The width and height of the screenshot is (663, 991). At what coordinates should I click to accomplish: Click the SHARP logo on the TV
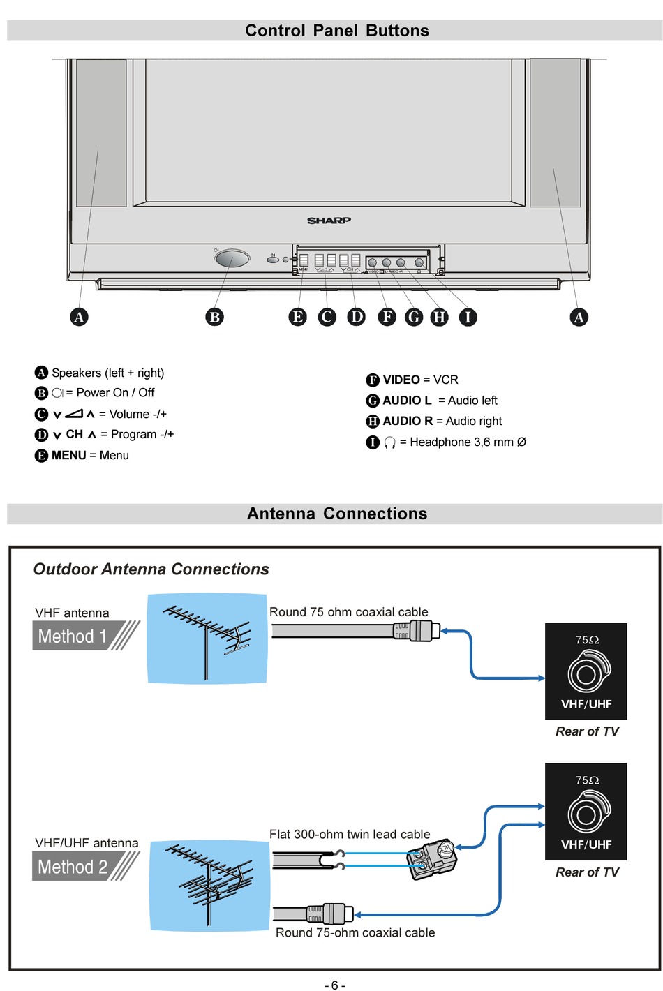click(x=329, y=221)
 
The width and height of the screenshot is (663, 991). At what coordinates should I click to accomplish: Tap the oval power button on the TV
click(x=232, y=260)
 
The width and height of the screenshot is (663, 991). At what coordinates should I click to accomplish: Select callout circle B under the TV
click(x=215, y=317)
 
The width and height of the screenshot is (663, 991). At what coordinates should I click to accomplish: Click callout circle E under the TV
click(x=298, y=317)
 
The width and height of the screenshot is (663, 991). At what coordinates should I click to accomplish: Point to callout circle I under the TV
click(x=468, y=317)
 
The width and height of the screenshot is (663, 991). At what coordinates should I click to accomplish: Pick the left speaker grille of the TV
click(x=101, y=133)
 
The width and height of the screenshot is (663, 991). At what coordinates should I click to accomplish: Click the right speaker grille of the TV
click(x=555, y=133)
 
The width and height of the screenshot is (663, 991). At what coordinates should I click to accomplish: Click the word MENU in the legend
click(x=69, y=455)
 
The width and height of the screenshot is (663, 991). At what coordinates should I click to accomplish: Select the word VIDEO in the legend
click(x=401, y=380)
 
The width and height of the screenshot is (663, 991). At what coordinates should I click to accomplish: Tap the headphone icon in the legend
click(x=390, y=442)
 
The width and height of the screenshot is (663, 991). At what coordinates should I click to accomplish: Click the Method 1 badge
click(x=73, y=636)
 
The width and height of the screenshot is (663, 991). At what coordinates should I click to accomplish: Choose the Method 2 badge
click(x=73, y=867)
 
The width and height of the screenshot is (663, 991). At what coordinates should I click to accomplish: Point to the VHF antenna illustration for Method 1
click(x=207, y=638)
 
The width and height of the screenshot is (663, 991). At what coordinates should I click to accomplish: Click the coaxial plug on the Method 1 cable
click(x=423, y=631)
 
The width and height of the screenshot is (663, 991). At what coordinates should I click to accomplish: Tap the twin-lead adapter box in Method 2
click(x=431, y=858)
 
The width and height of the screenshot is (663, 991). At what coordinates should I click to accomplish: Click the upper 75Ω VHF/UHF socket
click(x=586, y=671)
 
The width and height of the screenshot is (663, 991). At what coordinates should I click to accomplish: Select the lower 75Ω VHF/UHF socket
click(x=586, y=812)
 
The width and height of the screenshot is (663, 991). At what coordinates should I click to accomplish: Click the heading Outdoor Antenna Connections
click(x=151, y=569)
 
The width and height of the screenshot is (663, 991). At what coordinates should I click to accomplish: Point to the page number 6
click(x=334, y=985)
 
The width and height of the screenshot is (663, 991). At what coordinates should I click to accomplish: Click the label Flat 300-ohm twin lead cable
click(x=350, y=834)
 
